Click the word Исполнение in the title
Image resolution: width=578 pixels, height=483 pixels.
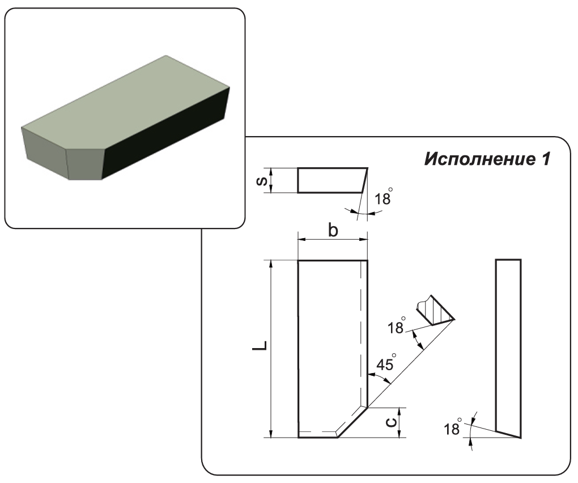point(475,159)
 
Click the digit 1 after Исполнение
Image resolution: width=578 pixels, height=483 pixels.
point(545,159)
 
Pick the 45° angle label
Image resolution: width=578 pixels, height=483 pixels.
point(385,364)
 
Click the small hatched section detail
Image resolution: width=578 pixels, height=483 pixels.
point(434,311)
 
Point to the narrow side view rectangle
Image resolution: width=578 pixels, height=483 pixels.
point(508,346)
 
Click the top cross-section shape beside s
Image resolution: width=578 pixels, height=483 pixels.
point(331,180)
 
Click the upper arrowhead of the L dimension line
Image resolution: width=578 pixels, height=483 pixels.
point(272,264)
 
